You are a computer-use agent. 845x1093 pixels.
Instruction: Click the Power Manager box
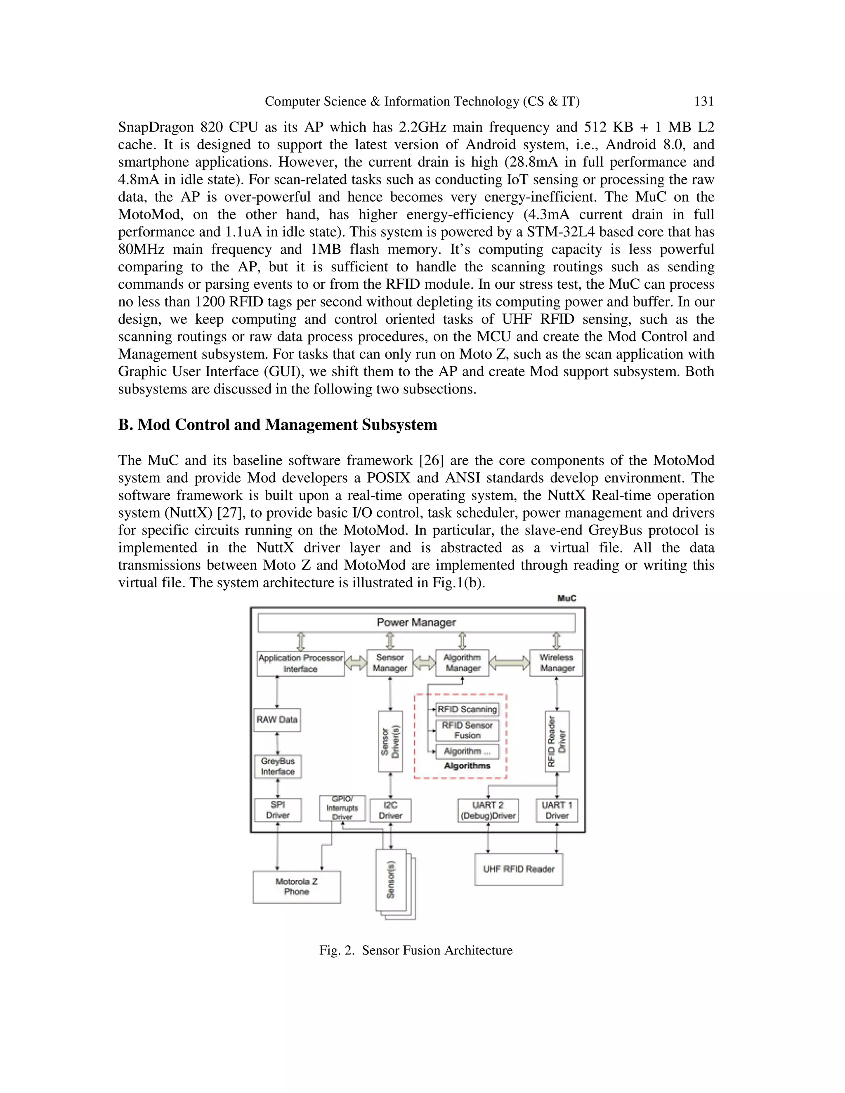(x=416, y=622)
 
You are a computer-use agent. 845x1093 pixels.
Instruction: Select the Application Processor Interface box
(x=300, y=663)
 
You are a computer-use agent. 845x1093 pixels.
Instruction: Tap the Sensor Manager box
(x=389, y=663)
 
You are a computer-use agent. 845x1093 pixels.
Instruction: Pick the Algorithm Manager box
(x=462, y=663)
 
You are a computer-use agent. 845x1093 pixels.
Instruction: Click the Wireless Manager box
(x=556, y=663)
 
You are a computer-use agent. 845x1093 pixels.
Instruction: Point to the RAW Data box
(x=277, y=720)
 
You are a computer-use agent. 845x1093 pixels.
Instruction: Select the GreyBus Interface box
(x=278, y=766)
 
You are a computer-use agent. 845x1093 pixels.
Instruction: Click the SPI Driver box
(x=278, y=810)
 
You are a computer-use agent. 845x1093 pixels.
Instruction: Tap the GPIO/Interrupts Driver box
(x=342, y=808)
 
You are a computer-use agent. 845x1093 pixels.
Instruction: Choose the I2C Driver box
(x=390, y=810)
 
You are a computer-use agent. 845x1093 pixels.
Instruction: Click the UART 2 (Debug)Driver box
(x=488, y=810)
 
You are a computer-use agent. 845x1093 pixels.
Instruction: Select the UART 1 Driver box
(x=557, y=810)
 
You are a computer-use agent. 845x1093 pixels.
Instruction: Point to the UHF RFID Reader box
(x=519, y=869)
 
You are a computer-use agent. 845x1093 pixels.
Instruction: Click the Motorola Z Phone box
(x=296, y=887)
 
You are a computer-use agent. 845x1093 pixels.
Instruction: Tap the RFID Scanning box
(x=467, y=709)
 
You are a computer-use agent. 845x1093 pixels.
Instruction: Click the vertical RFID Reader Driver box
(x=557, y=741)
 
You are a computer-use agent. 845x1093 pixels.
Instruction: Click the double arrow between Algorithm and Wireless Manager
(x=509, y=663)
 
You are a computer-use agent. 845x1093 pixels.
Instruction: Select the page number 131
(x=703, y=101)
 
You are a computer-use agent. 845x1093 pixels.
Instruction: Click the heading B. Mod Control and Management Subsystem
(x=277, y=425)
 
